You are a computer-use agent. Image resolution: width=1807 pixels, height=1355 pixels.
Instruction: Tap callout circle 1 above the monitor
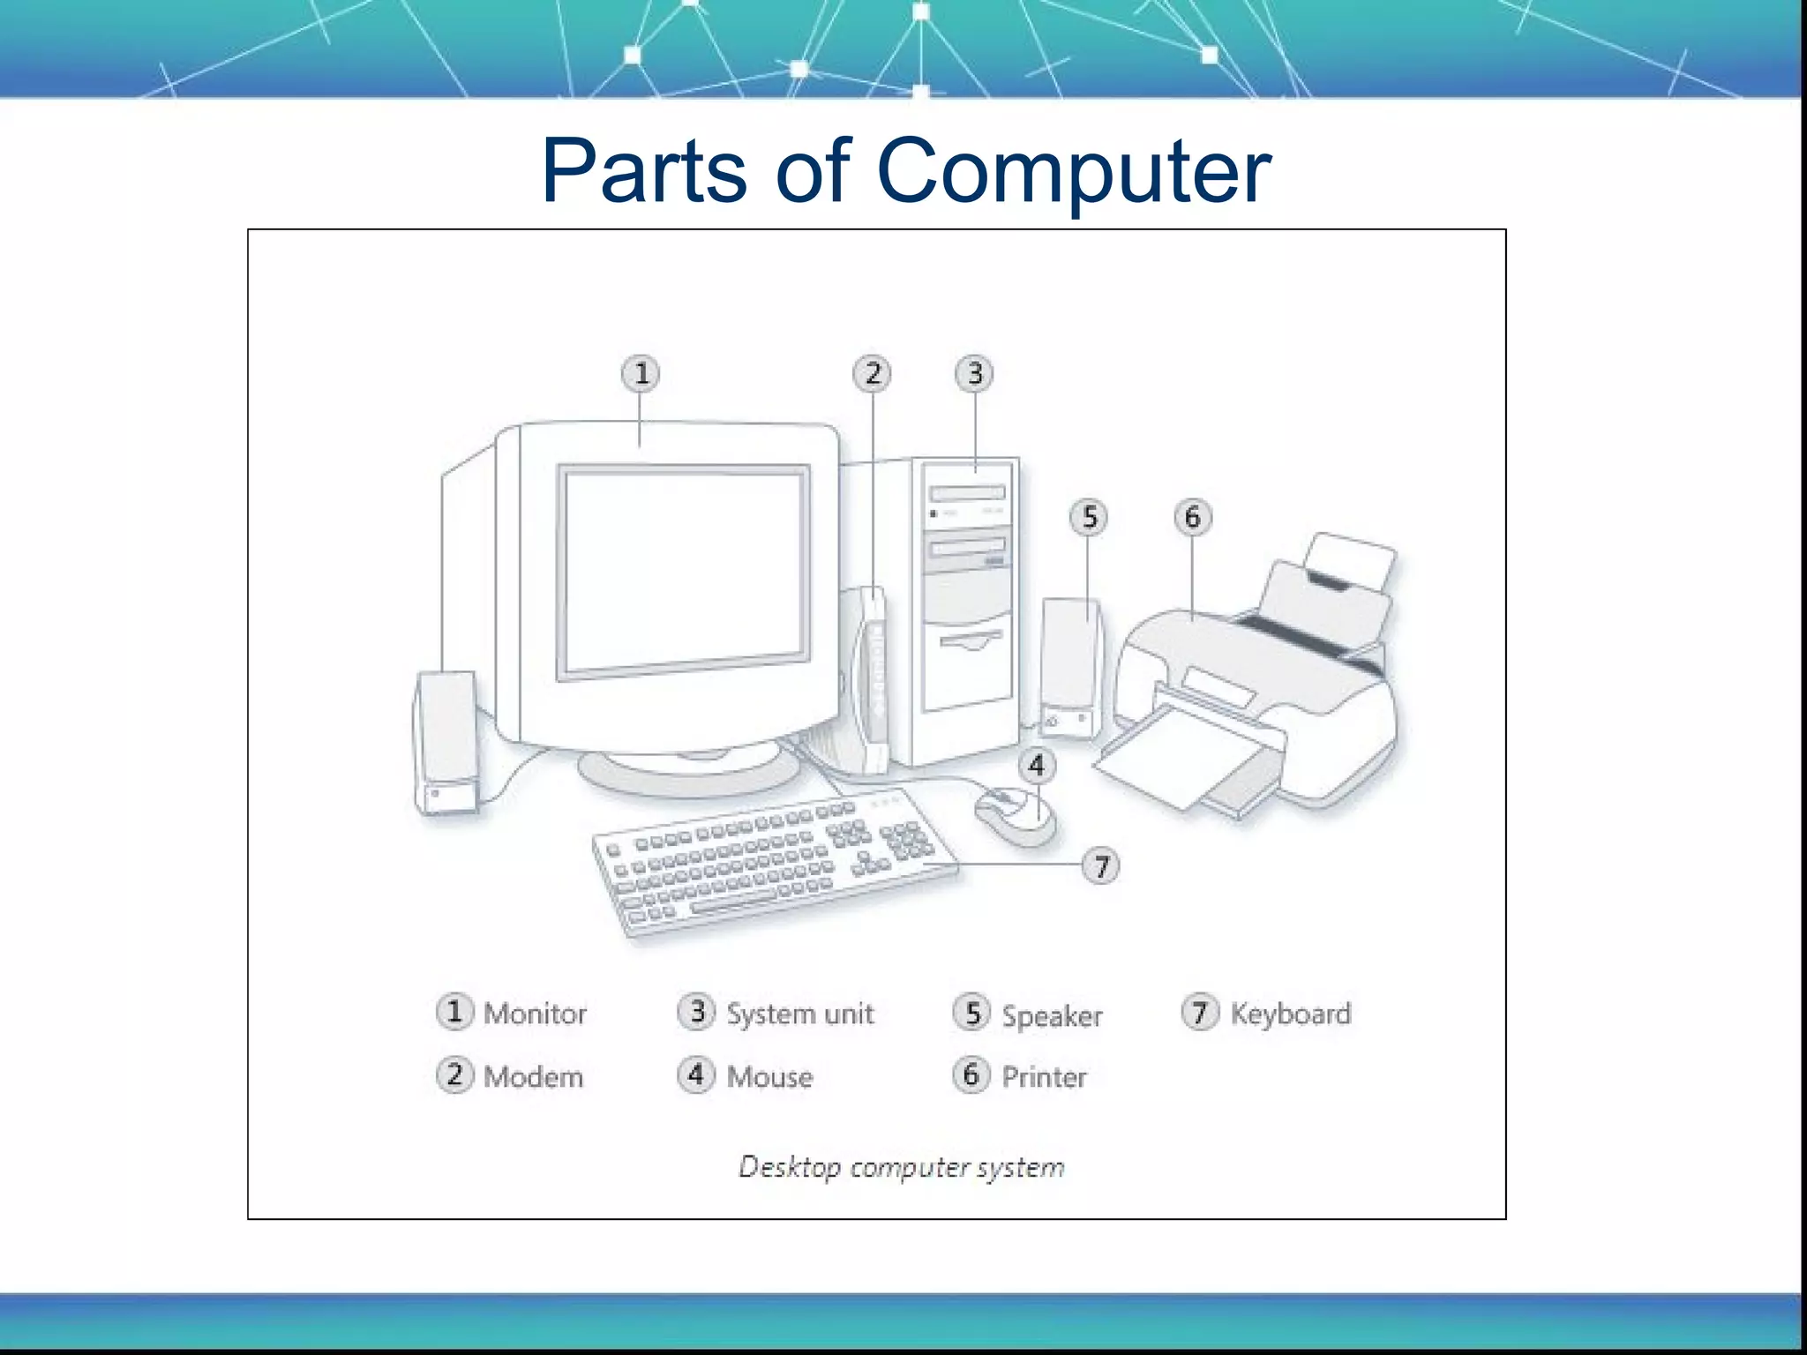[641, 373]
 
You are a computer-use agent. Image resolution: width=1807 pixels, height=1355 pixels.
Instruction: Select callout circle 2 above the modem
[872, 373]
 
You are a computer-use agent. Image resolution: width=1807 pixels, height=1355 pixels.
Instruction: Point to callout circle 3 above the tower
[974, 373]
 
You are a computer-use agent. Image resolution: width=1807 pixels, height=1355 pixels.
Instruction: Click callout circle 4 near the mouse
[1036, 765]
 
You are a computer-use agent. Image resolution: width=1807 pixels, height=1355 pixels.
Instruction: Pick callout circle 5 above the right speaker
[1089, 517]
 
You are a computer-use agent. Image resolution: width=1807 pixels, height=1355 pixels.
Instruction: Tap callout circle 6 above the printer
[1192, 517]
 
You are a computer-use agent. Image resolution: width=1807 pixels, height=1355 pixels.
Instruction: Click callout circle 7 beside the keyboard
[1100, 865]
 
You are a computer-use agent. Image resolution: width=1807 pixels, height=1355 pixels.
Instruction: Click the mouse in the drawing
[1015, 816]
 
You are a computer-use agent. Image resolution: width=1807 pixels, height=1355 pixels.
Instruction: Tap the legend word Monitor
[535, 1014]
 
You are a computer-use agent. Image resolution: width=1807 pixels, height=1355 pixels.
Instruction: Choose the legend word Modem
[533, 1077]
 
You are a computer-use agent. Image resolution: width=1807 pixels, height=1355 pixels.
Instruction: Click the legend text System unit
[799, 1014]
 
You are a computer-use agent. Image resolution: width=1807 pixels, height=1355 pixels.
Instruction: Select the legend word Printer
[1044, 1077]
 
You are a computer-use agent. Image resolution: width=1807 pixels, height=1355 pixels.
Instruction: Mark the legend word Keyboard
[1290, 1014]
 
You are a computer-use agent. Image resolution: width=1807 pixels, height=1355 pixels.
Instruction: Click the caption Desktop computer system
[901, 1167]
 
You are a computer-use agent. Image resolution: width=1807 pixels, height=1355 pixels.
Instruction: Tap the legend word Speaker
[1052, 1015]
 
